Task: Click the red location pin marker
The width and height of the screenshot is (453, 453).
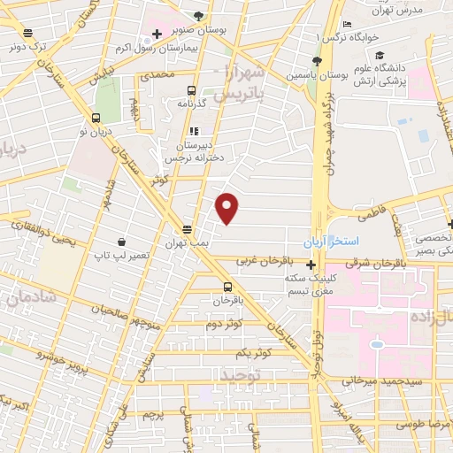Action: [x=228, y=208]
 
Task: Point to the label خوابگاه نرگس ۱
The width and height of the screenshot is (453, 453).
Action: [x=358, y=39]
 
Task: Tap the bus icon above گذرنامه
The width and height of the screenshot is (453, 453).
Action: [x=191, y=90]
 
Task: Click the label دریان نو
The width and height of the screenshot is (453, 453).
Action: [x=95, y=131]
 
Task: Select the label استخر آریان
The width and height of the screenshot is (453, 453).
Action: [x=357, y=241]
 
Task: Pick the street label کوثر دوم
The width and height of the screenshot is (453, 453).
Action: [x=225, y=325]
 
